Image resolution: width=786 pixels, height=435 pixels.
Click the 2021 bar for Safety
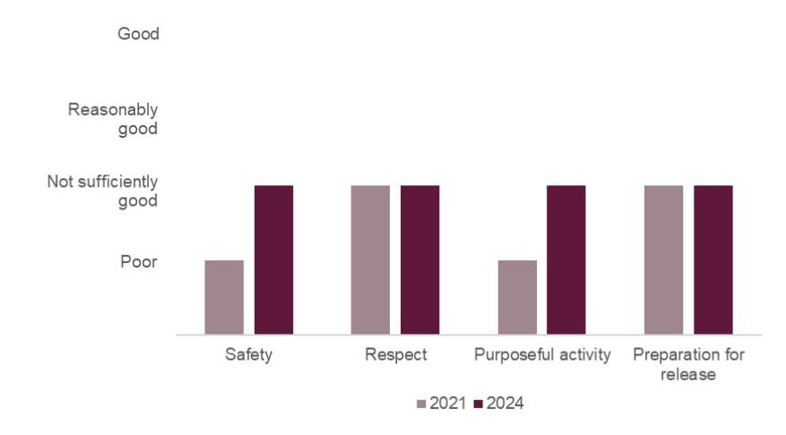point(224,297)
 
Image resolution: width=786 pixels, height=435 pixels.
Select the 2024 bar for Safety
point(273,260)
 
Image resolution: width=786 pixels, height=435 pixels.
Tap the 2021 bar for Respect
point(370,260)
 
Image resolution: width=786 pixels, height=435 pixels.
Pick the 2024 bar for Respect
point(419,260)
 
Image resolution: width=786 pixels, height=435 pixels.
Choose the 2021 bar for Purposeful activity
point(517,297)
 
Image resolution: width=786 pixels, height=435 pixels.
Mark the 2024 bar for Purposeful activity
point(566,260)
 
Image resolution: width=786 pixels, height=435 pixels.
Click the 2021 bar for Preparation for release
point(663,260)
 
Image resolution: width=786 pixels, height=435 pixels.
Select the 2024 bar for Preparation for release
point(713,260)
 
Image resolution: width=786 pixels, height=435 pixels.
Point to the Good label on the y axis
point(138,34)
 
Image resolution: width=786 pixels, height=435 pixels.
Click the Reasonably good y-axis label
point(113,119)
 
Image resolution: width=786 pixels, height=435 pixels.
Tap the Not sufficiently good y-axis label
point(102,192)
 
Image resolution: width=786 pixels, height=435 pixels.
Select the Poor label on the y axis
point(139,262)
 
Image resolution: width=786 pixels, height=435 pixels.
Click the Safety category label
point(249,355)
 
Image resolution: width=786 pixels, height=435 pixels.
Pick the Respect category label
point(395,355)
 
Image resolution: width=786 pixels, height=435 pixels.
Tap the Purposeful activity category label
point(542,355)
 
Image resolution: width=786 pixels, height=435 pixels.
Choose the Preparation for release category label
point(688,364)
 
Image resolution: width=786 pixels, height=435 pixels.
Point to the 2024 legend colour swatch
point(478,404)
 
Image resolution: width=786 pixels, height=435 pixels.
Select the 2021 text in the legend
point(448,404)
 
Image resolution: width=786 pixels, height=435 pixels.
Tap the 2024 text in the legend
point(505,404)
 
